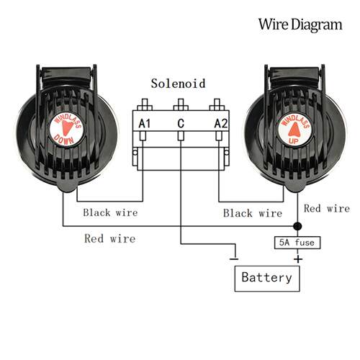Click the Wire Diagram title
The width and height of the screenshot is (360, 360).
coord(300,25)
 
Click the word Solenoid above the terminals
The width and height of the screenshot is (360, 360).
coord(178,84)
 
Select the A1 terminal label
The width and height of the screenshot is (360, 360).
coord(145,124)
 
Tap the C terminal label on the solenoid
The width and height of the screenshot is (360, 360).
coord(181,124)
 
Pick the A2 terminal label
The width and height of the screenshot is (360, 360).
coord(221,124)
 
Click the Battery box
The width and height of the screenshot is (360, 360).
coord(267,279)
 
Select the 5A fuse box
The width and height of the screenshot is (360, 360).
coord(297,243)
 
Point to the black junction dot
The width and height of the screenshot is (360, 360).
coord(297,226)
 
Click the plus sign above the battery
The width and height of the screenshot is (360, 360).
coord(298,259)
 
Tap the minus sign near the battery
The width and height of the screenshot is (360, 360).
coord(234,259)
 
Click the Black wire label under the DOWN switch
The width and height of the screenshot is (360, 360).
coord(110,212)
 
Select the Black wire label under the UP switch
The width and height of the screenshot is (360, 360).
coord(253,213)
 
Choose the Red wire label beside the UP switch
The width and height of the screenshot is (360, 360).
coord(327,208)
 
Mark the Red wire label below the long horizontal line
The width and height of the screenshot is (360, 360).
coord(110,238)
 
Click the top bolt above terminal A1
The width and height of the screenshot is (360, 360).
coord(145,104)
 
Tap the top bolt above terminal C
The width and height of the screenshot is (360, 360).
coord(181,104)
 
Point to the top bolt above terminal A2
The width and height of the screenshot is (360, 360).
coord(217,104)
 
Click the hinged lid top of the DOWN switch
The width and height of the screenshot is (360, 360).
coord(66,75)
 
